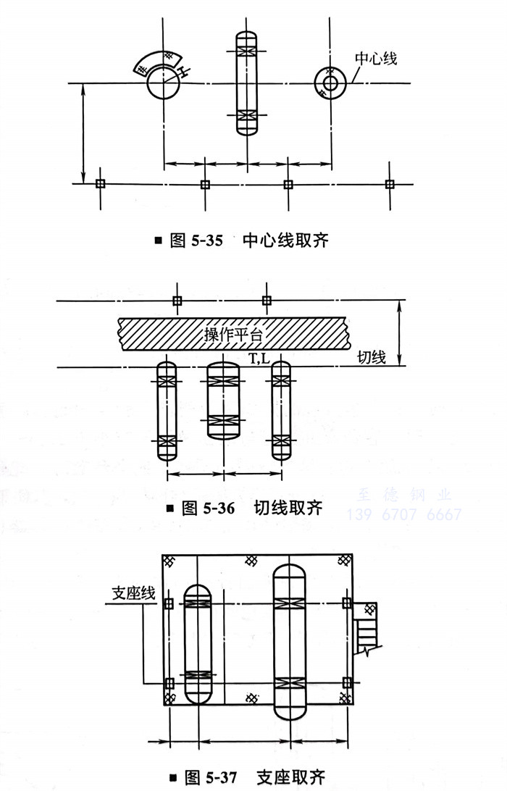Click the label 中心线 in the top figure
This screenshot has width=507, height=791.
375,58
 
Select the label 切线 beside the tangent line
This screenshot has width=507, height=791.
372,357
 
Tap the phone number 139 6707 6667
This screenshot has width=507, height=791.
404,515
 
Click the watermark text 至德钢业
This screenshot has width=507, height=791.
405,496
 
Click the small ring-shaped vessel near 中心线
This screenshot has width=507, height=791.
330,83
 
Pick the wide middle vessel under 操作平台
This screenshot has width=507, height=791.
223,400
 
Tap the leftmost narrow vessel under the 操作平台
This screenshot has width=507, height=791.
167,410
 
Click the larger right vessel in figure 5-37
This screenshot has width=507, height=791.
290,642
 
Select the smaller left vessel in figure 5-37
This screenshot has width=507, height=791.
197,643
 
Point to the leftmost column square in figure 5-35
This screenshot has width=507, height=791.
101,184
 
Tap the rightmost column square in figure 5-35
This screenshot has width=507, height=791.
390,184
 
